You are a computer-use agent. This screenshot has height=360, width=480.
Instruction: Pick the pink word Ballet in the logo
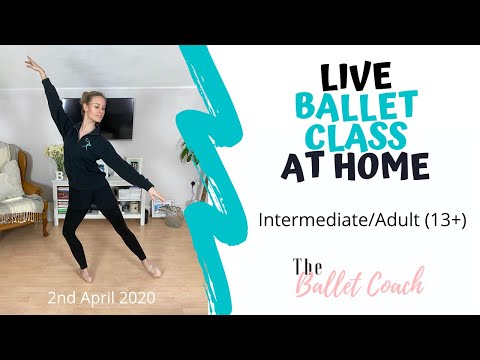tap(330, 284)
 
